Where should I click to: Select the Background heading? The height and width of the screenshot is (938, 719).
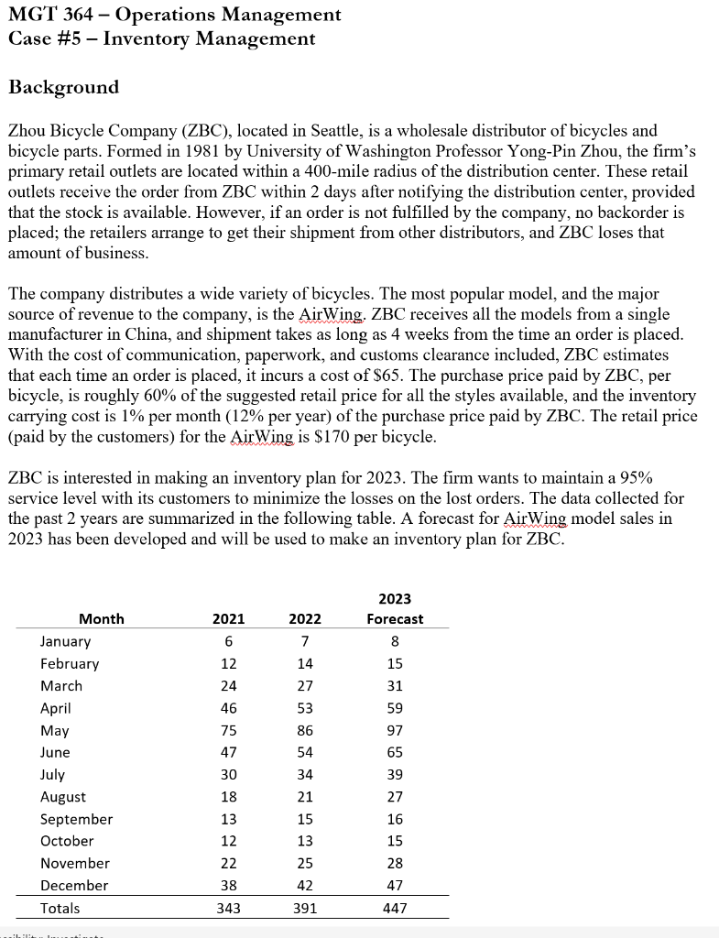pyautogui.click(x=63, y=88)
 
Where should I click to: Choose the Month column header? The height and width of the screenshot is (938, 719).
pyautogui.click(x=101, y=619)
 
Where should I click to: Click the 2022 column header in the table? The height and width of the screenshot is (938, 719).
pyautogui.click(x=305, y=619)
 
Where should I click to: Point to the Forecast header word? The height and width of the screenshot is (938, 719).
pyautogui.click(x=395, y=619)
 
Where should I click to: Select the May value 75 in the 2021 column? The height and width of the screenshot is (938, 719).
pyautogui.click(x=228, y=730)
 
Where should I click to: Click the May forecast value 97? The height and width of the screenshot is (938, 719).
pyautogui.click(x=395, y=730)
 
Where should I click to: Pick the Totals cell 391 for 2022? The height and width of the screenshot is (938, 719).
pyautogui.click(x=305, y=909)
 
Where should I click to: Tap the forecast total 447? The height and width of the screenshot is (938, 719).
pyautogui.click(x=395, y=909)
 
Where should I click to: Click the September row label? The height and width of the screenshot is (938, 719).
pyautogui.click(x=76, y=819)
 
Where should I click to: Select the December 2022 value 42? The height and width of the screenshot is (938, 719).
pyautogui.click(x=305, y=886)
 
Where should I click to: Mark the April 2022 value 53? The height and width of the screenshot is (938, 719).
pyautogui.click(x=305, y=708)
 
